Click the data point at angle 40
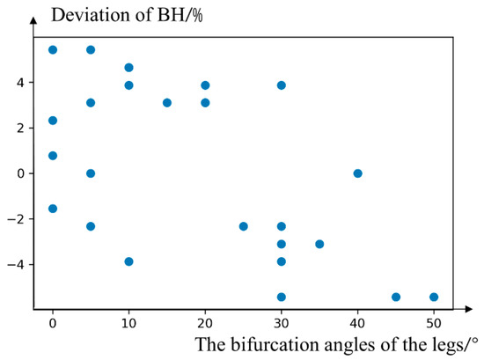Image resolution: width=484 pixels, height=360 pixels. point(357,173)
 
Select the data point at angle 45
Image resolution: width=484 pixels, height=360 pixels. point(396,297)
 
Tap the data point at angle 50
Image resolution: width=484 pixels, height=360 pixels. point(434,297)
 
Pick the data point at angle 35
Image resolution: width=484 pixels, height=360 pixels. point(319,244)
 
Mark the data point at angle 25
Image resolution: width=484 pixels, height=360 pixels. point(244,226)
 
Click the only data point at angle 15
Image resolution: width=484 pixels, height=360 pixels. point(167,103)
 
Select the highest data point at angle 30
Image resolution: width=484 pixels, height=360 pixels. point(282,85)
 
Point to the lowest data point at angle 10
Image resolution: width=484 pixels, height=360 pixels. point(128,261)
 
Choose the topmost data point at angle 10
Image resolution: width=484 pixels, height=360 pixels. point(128,68)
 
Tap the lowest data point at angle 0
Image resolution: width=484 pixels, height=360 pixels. point(53,209)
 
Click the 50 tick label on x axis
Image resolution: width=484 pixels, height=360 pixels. point(434,322)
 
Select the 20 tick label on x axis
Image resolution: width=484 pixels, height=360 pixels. point(205,322)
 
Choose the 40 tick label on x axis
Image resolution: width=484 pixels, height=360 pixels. point(357,322)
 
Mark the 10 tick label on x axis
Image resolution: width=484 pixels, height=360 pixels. point(128,322)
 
